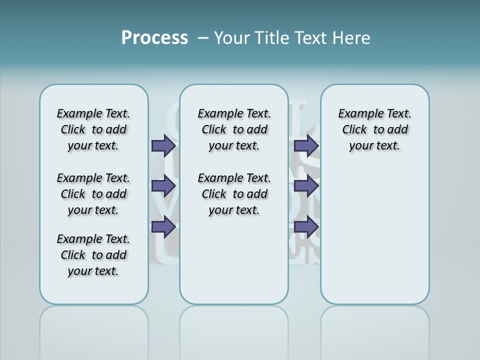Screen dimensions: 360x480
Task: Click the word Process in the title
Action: [154, 37]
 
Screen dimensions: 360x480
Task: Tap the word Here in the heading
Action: [352, 37]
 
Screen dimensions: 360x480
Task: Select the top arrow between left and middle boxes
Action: [164, 145]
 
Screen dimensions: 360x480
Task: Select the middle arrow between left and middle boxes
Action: [164, 186]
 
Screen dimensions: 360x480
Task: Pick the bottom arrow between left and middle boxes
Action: [164, 226]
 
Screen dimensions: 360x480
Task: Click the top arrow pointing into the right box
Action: [306, 145]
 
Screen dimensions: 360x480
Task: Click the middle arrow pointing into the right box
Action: [306, 186]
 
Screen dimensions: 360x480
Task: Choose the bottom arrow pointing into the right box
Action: [306, 226]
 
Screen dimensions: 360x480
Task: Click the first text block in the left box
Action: [93, 129]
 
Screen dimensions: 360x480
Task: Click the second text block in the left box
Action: [93, 194]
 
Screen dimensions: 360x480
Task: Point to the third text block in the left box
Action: [93, 255]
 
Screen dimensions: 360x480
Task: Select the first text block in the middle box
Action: [234, 129]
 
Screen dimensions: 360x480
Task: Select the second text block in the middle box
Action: [234, 194]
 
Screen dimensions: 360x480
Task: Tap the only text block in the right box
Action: [374, 129]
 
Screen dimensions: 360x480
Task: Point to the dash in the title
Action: [203, 37]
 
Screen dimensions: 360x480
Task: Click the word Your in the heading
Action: [232, 37]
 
